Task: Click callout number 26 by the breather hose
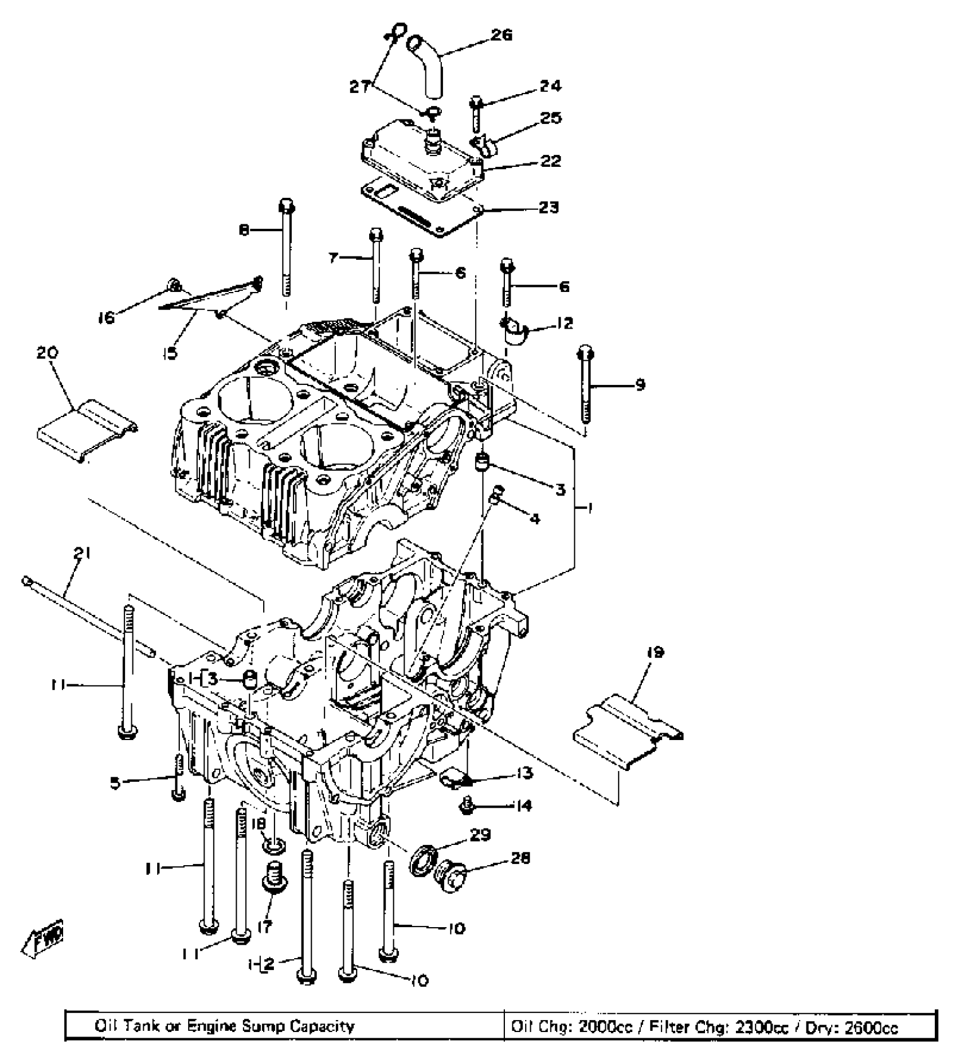pos(501,36)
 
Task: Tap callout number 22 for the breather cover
pos(549,162)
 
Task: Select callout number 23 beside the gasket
pos(548,208)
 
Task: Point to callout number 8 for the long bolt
pos(244,231)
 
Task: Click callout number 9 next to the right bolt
pos(639,386)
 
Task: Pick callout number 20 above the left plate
pos(47,354)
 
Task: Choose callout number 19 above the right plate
pos(655,653)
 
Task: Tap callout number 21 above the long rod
pos(82,554)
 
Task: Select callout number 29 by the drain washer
pos(480,835)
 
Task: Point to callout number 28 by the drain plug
pos(520,859)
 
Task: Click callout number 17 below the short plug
pos(265,926)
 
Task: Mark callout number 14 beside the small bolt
pos(523,807)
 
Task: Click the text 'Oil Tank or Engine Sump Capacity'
pos(224,1025)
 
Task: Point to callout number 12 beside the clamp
pos(564,324)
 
